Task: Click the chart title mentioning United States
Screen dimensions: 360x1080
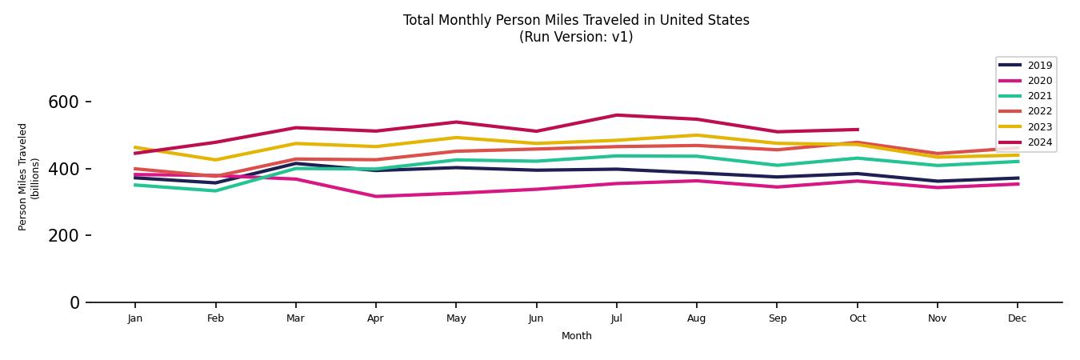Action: pyautogui.click(x=576, y=20)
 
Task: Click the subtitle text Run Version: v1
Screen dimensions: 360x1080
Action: pyautogui.click(x=576, y=37)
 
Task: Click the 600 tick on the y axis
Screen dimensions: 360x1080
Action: pyautogui.click(x=64, y=102)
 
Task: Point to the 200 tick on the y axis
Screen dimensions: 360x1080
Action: pyautogui.click(x=64, y=236)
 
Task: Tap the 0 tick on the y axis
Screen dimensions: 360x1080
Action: pyautogui.click(x=74, y=302)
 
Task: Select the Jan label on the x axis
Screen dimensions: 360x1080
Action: pyautogui.click(x=135, y=318)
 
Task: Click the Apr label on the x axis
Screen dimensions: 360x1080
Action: pyautogui.click(x=375, y=318)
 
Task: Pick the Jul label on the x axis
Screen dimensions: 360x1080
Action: pyautogui.click(x=616, y=318)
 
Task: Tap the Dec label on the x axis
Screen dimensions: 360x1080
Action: pyautogui.click(x=1018, y=318)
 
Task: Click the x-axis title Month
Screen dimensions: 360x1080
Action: pyautogui.click(x=576, y=336)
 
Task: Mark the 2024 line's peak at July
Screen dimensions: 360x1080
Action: pyautogui.click(x=616, y=115)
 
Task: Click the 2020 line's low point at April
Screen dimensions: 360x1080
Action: pyautogui.click(x=375, y=196)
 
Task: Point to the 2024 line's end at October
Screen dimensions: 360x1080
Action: pyautogui.click(x=857, y=130)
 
